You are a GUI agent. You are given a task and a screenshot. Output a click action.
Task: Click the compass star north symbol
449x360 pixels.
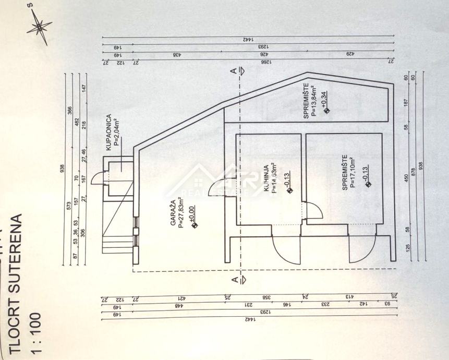click(39, 27)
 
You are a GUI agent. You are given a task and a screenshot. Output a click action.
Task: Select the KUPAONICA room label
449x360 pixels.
click(108, 133)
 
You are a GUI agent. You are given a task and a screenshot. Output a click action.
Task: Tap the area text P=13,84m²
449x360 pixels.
click(314, 102)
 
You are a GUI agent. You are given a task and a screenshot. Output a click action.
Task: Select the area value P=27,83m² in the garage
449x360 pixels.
click(180, 213)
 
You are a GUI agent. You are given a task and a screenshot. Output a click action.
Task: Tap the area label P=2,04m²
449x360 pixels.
click(117, 134)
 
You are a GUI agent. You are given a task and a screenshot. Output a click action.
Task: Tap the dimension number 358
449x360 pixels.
click(264, 298)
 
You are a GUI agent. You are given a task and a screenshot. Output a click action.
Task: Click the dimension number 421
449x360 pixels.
click(181, 298)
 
